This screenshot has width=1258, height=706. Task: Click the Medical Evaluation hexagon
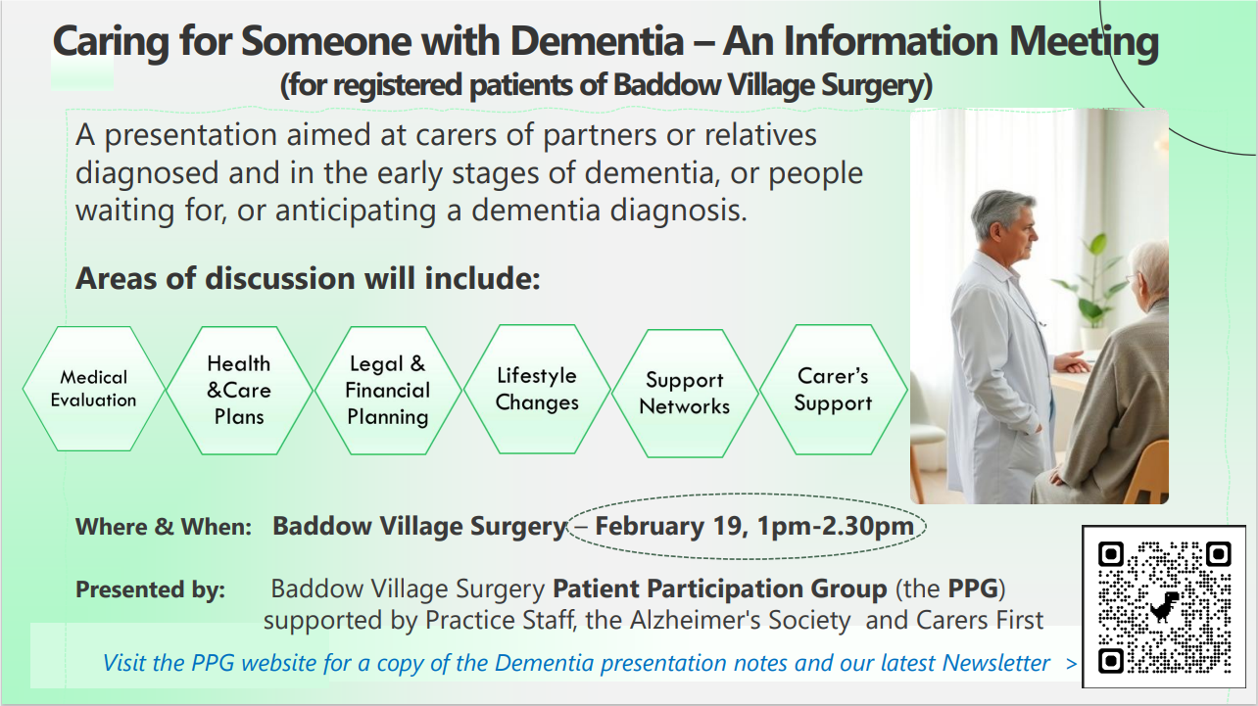(x=93, y=389)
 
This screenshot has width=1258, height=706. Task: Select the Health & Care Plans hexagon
(x=239, y=390)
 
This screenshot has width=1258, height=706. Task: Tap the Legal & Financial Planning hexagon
(x=387, y=390)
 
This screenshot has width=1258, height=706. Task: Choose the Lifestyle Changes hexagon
(x=536, y=389)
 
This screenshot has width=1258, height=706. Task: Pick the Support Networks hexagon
(x=685, y=393)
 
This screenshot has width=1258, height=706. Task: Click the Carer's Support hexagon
(x=833, y=389)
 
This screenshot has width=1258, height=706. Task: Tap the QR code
(x=1163, y=608)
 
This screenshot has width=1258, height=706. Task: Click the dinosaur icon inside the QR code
(x=1164, y=608)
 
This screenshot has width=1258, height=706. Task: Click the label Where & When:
(x=163, y=527)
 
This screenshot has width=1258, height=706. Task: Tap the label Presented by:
(x=150, y=590)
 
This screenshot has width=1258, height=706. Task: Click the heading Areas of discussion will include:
(x=308, y=278)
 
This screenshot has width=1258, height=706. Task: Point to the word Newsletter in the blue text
(x=996, y=663)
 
